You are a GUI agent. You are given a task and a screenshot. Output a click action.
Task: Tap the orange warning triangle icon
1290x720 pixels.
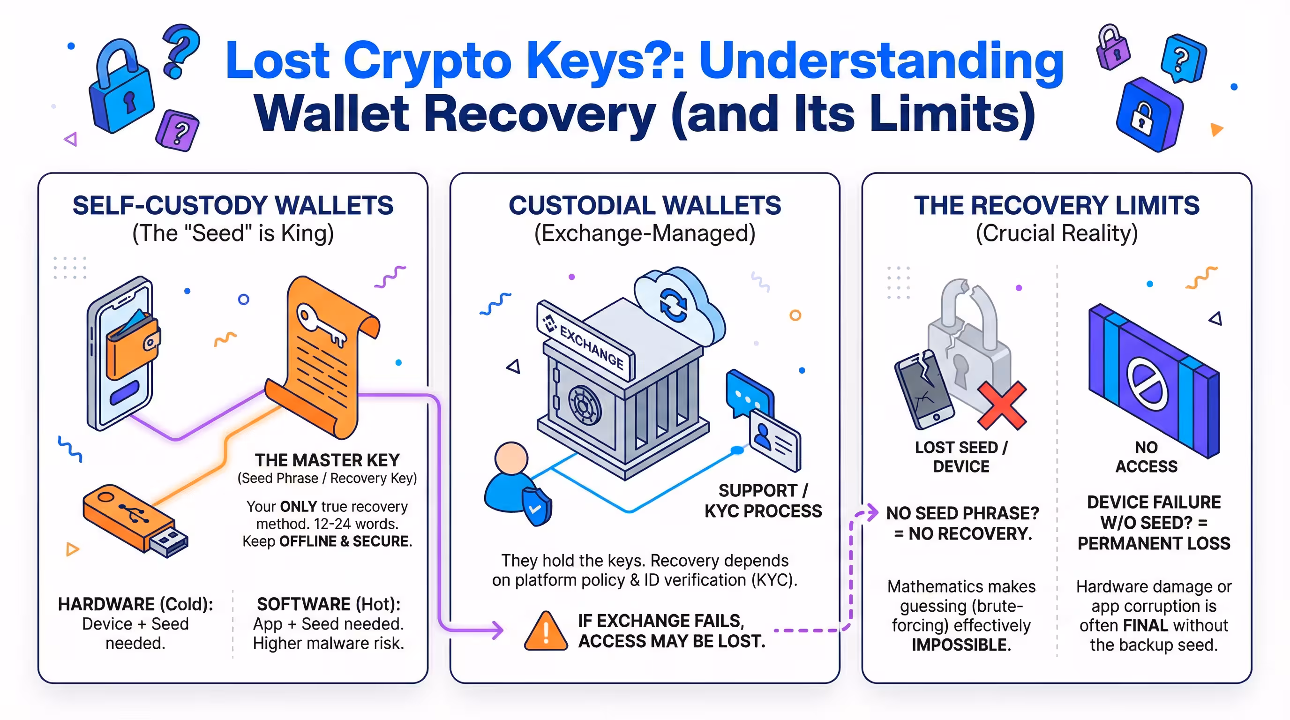coord(546,632)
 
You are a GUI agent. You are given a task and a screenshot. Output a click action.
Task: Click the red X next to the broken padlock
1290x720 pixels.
coord(1002,405)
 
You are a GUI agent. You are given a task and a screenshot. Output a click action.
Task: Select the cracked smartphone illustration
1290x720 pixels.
coord(924,390)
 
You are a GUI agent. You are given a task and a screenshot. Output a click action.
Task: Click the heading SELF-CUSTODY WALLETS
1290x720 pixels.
coord(233,205)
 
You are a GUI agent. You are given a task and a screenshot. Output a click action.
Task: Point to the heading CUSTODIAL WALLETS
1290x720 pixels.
coord(645,205)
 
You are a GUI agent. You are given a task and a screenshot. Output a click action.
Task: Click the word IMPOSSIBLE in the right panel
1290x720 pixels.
coord(961,645)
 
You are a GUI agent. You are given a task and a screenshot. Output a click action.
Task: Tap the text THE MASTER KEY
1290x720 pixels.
coord(327,460)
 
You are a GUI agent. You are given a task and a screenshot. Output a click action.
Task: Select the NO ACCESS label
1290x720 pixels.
coord(1146,457)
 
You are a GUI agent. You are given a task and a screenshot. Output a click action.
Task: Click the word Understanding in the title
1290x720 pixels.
coord(881,61)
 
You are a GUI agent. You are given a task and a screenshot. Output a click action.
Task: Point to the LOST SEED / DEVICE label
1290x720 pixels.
coord(961,457)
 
